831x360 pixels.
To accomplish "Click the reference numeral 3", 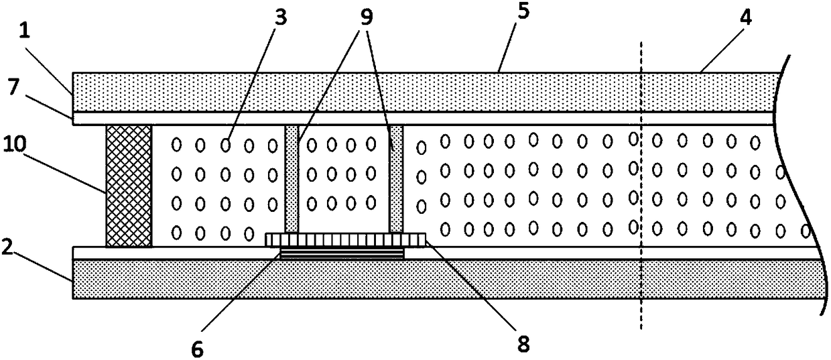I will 279,18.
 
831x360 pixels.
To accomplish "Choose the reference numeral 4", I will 746,18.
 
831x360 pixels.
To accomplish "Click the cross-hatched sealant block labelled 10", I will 129,186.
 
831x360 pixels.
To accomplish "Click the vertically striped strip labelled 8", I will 346,239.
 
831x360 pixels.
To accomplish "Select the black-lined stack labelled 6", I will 342,253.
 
